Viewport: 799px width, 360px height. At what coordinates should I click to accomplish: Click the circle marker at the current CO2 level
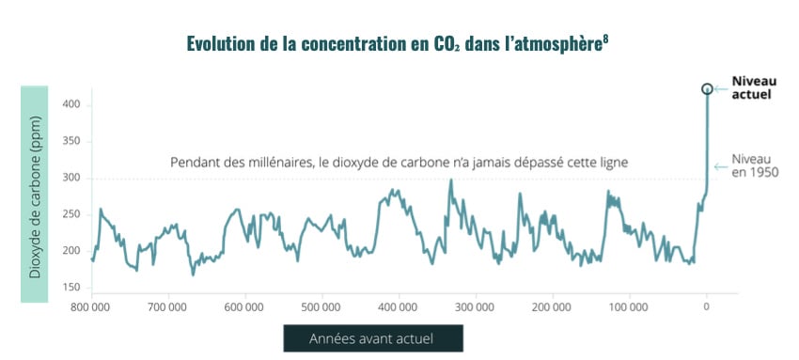point(707,89)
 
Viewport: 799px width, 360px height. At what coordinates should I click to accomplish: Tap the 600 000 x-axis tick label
point(244,306)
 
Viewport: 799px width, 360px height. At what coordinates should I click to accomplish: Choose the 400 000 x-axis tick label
point(399,306)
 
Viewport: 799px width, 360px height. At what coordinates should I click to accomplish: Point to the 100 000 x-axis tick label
point(628,306)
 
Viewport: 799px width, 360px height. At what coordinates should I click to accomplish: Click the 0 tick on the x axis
point(707,306)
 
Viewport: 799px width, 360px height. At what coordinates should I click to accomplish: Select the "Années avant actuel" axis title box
point(373,338)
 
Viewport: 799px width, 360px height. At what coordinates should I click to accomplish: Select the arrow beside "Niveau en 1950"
point(722,166)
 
